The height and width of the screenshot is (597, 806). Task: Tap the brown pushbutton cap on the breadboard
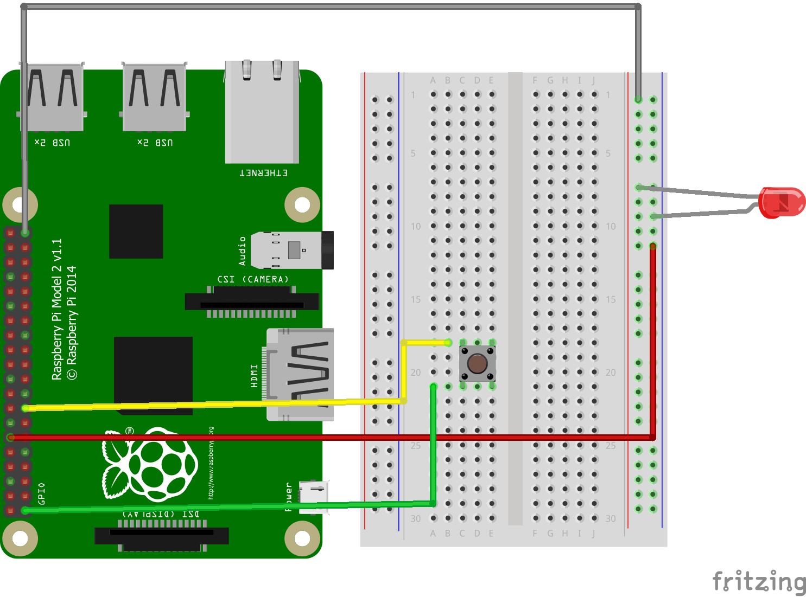coord(477,364)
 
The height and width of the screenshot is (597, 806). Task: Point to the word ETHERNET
coord(264,173)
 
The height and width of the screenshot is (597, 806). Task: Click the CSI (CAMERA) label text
coord(253,279)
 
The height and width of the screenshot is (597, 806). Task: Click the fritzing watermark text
coord(759,581)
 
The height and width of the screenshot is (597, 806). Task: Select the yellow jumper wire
coord(217,404)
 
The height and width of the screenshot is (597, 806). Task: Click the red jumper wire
coord(326,437)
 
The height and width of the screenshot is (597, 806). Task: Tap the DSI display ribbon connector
coord(162,536)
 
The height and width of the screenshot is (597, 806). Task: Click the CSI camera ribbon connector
coord(252,301)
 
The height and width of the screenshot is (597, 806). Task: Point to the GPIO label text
coord(42,493)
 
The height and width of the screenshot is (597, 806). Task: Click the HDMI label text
coord(254,376)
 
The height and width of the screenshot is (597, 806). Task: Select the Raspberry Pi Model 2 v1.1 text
coord(56,309)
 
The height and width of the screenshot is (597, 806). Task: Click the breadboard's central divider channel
coord(515,298)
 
